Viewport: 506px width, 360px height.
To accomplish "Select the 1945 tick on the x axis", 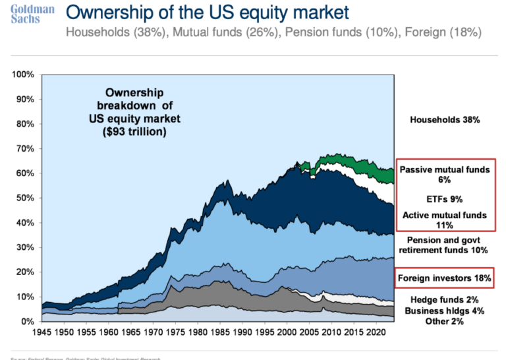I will click(x=42, y=334).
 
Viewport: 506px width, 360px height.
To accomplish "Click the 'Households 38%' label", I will click(x=445, y=120).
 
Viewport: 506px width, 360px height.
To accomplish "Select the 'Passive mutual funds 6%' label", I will click(x=445, y=174).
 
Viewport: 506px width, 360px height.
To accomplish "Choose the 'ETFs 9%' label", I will click(x=445, y=198).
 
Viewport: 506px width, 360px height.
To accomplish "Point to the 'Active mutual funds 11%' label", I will click(x=445, y=220).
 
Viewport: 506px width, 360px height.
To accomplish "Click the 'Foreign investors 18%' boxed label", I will click(x=445, y=278).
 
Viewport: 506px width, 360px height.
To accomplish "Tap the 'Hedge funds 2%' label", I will click(x=445, y=299).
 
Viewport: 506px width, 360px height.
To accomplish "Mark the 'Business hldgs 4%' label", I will click(x=445, y=311).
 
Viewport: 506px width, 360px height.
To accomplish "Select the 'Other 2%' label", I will click(x=445, y=321).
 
